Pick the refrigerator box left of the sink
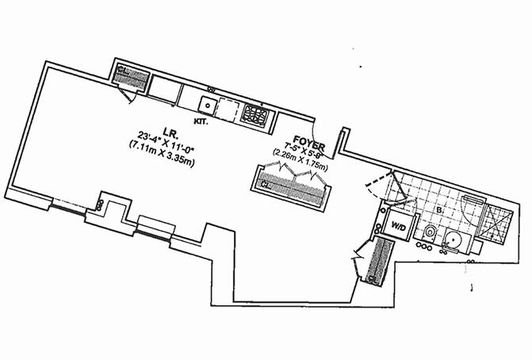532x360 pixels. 165,90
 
